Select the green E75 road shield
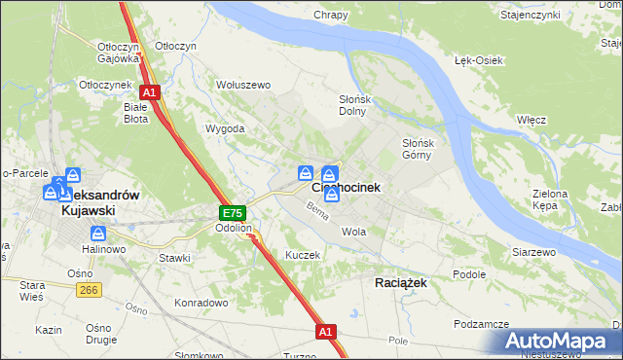pos(232,213)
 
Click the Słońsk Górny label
pos(423,149)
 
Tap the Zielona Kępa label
pos(550,199)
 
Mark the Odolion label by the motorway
pos(234,229)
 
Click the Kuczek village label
pos(302,254)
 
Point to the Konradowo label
pos(202,302)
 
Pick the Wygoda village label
pos(224,128)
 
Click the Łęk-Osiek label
pos(478,60)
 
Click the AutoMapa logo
pos(559,342)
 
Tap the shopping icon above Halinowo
pos(98,234)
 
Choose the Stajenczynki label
pos(557,15)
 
